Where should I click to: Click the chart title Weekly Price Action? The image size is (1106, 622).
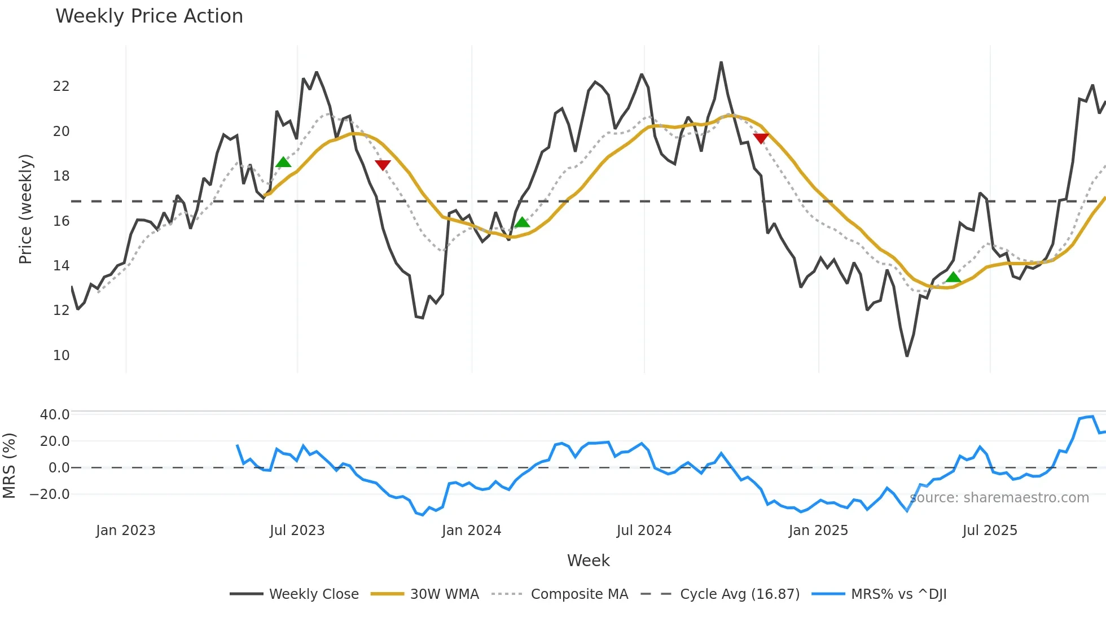[149, 16]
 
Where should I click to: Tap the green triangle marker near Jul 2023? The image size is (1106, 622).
[283, 163]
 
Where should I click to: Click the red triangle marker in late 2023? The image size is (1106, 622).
[383, 165]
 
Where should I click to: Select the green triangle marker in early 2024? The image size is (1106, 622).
[522, 222]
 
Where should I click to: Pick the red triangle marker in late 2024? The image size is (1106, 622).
[761, 138]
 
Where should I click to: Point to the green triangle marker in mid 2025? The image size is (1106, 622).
[953, 277]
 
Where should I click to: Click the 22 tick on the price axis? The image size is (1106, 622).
[61, 86]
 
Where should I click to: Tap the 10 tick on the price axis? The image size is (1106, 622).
[61, 356]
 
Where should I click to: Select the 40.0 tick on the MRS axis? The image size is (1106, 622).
[55, 415]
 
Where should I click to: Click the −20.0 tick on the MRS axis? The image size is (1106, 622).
[50, 494]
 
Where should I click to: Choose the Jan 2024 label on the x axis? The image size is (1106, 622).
[471, 531]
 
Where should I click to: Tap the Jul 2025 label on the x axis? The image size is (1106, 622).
[990, 531]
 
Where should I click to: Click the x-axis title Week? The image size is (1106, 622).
[588, 560]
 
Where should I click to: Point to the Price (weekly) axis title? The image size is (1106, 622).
[25, 209]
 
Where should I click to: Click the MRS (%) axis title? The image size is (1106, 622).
[10, 466]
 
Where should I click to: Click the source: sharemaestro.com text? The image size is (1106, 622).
[999, 498]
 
